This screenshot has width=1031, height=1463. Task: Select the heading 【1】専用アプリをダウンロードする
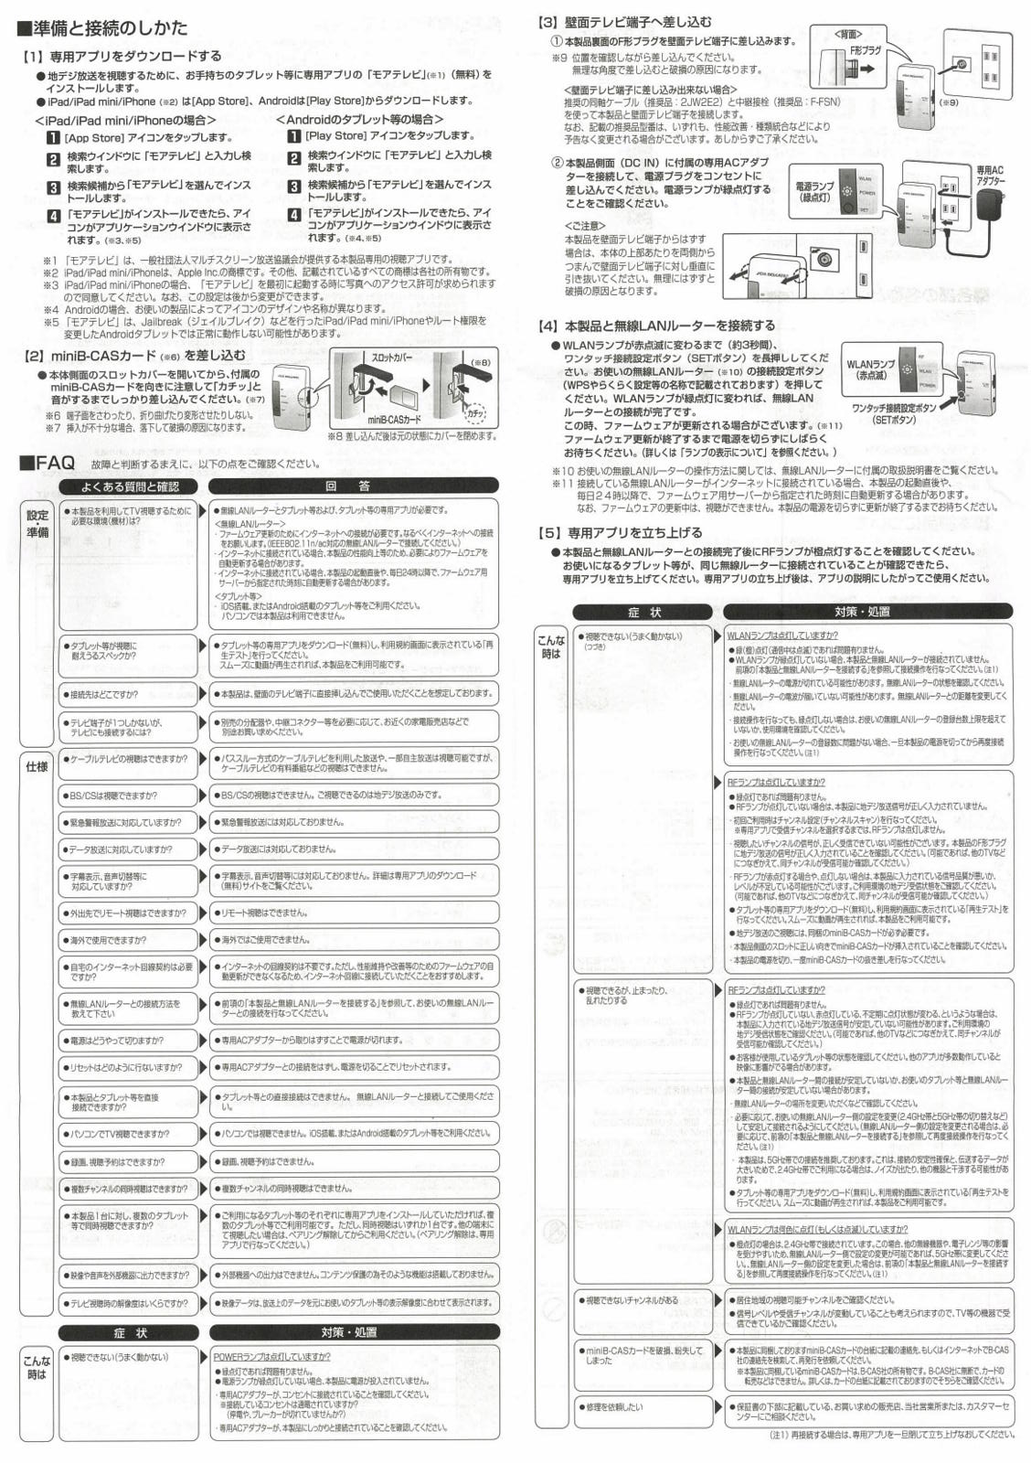tap(122, 57)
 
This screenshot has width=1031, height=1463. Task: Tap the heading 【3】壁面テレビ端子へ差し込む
tap(625, 22)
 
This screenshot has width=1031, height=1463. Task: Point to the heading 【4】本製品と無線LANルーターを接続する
tap(656, 326)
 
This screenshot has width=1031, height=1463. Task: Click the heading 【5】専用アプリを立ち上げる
tap(621, 532)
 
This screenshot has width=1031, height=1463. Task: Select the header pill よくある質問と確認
tap(130, 486)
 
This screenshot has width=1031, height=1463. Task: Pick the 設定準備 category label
tap(37, 524)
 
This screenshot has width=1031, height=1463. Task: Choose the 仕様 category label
tap(37, 766)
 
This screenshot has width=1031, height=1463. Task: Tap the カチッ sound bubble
tap(474, 413)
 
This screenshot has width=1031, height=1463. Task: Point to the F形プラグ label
tap(866, 51)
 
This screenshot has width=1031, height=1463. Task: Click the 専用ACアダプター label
tap(990, 176)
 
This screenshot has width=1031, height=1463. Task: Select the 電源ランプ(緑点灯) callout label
tap(814, 192)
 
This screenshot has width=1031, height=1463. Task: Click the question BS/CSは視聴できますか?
tap(113, 796)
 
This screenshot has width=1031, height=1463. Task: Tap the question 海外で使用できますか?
tap(108, 940)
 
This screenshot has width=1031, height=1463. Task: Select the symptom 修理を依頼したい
tap(613, 1407)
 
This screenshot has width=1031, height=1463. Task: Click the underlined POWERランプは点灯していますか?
tap(271, 1357)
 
